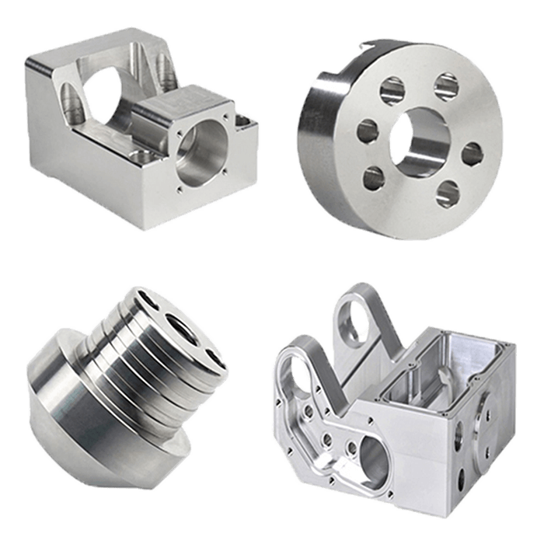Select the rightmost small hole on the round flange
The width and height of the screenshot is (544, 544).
tap(473, 153)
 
